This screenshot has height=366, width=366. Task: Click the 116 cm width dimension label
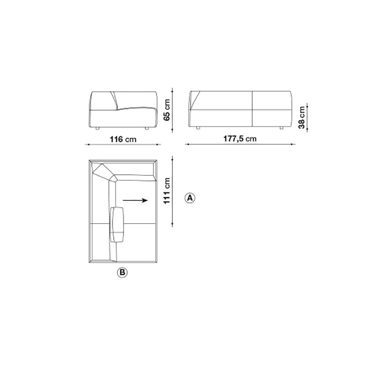pos(123,140)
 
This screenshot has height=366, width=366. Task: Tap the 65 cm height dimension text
pos(167,110)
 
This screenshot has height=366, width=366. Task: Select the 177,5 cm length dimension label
pos(240,139)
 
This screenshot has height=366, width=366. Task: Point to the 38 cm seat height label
pos(301,118)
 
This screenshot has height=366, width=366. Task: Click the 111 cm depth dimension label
pos(167,191)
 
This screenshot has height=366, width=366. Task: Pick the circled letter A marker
pos(190,198)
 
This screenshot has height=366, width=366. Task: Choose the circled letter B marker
pos(122,272)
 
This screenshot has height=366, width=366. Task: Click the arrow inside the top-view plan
pos(135,200)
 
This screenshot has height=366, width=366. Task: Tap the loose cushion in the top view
pos(117,225)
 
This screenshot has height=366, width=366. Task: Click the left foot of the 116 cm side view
pos(97,129)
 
